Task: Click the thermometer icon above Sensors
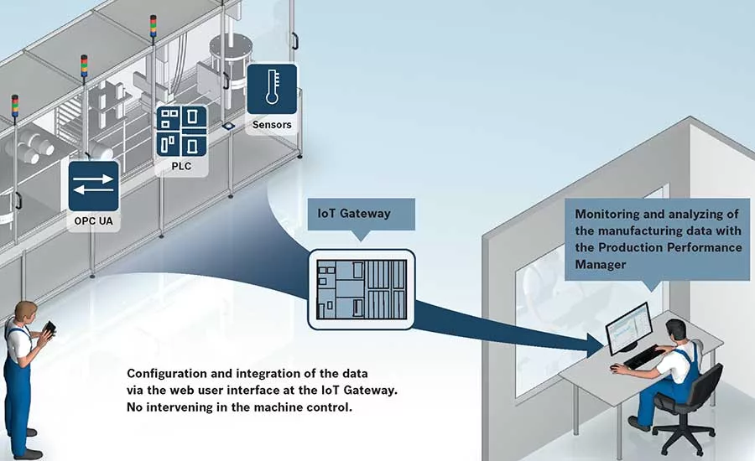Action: (x=272, y=88)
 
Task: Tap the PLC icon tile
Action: (x=181, y=131)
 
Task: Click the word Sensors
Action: (x=272, y=125)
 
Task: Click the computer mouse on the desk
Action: (x=616, y=367)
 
